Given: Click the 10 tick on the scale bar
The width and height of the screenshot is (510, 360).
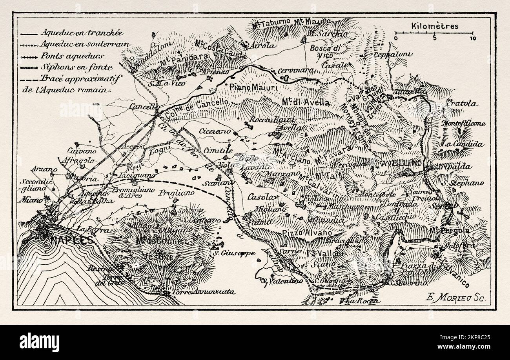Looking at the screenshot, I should (473, 38).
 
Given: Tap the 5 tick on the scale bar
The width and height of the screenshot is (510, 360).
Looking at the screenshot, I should (434, 38).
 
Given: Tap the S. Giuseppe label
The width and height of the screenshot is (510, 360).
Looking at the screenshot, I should (232, 253).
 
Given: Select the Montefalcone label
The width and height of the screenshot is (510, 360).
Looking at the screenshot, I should (463, 124).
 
